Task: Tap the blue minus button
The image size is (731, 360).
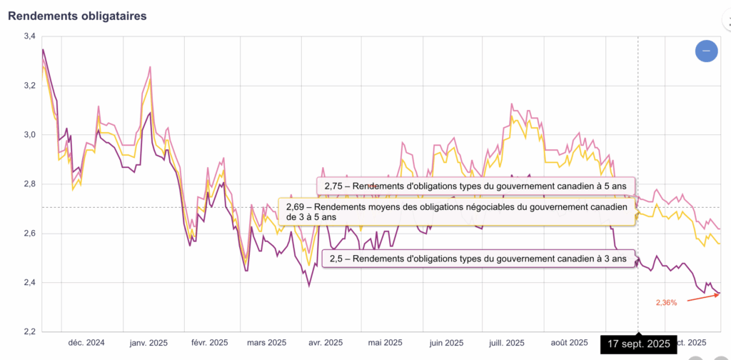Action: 707,51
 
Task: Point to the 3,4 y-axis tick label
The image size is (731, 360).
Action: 29,36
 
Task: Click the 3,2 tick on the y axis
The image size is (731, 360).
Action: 29,85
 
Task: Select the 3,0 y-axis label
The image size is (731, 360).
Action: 29,134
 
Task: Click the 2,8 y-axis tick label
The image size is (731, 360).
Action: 29,184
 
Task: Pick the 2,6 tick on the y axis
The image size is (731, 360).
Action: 29,234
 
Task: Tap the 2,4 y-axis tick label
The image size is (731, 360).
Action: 29,283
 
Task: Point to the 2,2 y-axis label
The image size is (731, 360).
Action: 29,332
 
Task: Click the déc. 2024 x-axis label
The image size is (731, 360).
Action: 86,343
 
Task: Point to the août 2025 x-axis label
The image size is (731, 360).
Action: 570,343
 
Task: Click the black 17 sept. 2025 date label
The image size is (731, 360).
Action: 638,344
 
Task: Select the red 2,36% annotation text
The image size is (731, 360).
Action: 666,302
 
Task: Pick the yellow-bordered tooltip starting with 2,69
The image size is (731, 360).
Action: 457,211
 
